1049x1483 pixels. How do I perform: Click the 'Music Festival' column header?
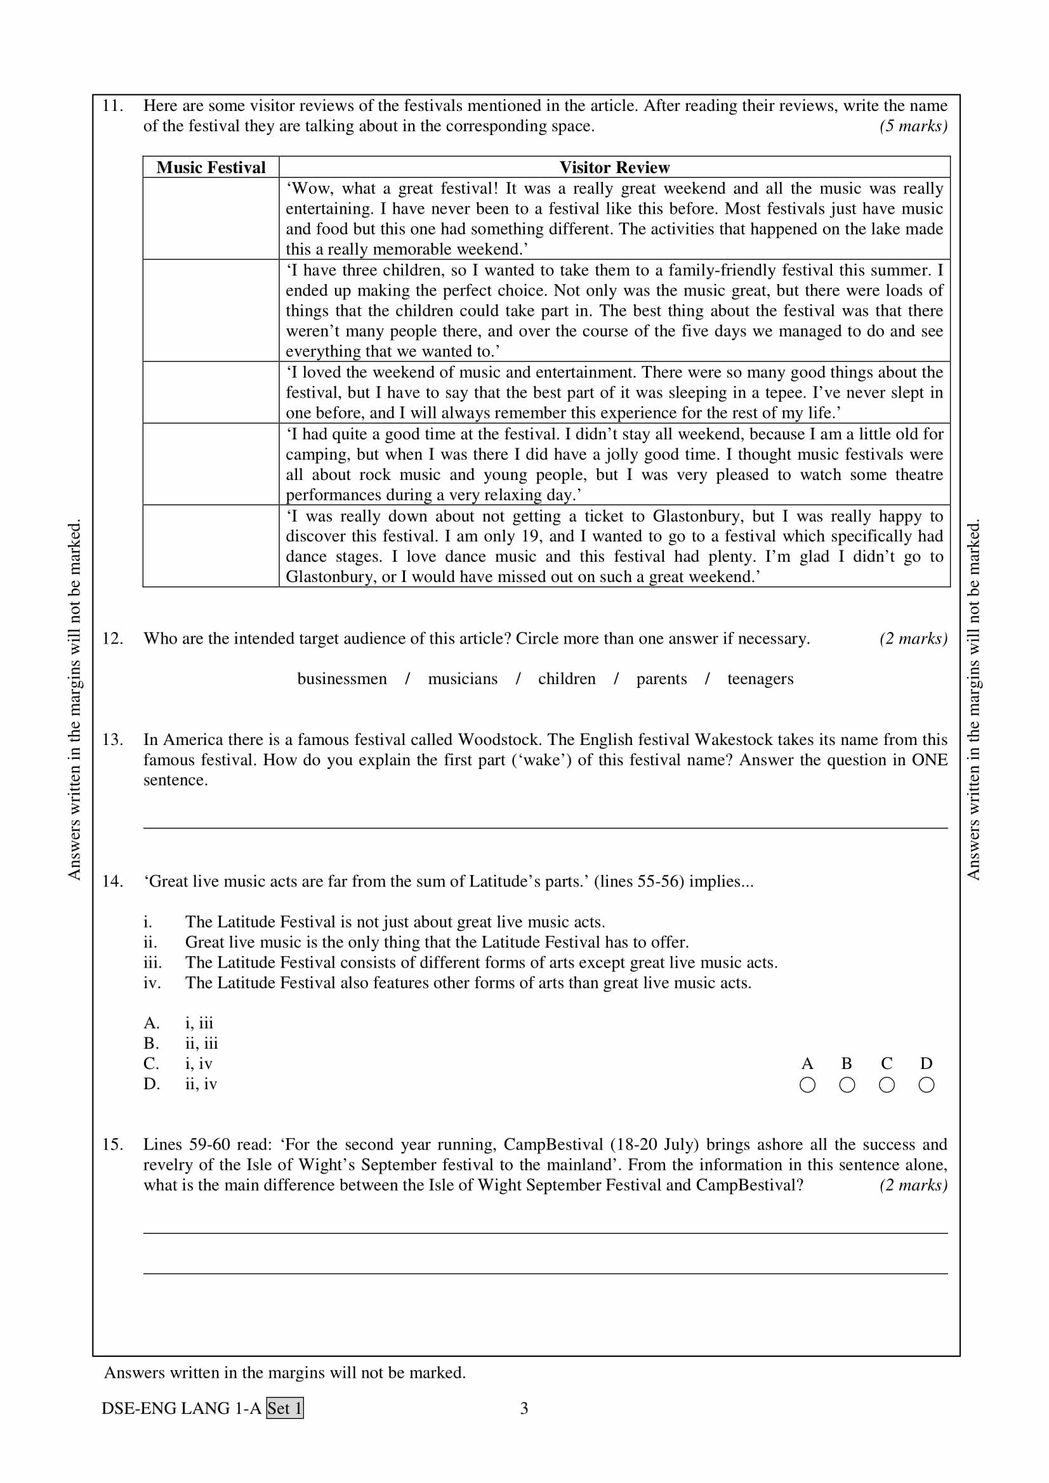tap(211, 167)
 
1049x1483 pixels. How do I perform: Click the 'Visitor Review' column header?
tap(614, 167)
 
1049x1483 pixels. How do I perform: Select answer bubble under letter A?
tap(807, 1085)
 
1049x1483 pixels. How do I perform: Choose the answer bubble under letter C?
tap(887, 1085)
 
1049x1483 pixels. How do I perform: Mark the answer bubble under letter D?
tap(926, 1085)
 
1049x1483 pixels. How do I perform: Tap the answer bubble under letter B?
tap(847, 1085)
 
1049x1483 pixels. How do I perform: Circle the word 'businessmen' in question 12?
tap(342, 679)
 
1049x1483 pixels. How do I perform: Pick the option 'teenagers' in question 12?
tap(760, 679)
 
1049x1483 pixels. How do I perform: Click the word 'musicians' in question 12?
tap(463, 679)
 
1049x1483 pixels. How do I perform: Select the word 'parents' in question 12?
tap(661, 679)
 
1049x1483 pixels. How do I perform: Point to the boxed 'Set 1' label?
tap(285, 1408)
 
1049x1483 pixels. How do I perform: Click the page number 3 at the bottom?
tap(524, 1408)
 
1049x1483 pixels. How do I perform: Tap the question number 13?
tap(112, 739)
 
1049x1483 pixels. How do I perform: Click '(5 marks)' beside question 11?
tap(913, 126)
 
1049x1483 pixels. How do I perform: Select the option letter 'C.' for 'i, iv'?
tap(151, 1064)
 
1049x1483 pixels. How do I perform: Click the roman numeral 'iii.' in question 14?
tap(152, 962)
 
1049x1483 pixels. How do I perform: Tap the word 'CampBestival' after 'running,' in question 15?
tap(553, 1144)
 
